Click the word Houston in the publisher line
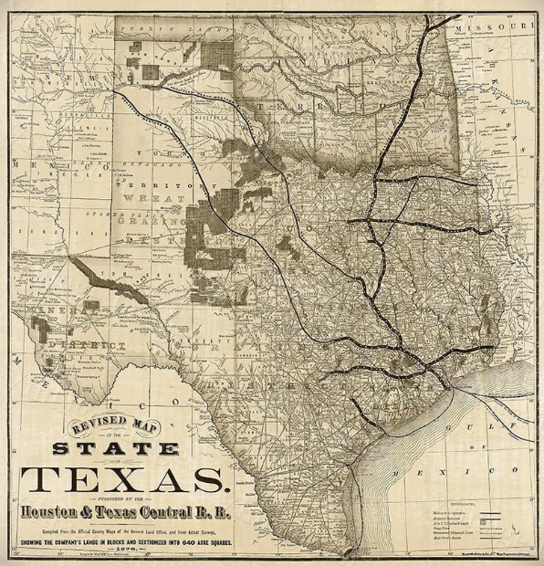[x=65, y=511]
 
